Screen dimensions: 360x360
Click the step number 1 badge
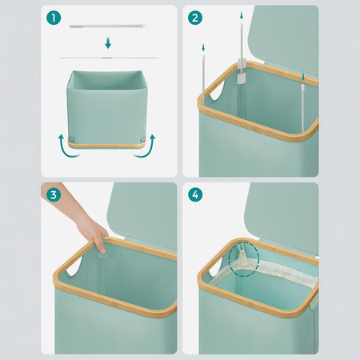(x=54, y=18)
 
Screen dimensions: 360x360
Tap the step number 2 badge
(x=195, y=18)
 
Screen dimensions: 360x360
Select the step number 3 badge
(x=54, y=195)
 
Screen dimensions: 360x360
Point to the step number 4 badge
(x=195, y=195)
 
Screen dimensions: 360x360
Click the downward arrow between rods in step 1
(x=108, y=43)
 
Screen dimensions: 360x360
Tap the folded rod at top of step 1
(x=108, y=26)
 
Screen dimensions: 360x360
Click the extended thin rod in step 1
(x=110, y=58)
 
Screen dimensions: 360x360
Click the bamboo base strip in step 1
(x=106, y=146)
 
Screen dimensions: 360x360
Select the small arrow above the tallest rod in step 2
(x=242, y=16)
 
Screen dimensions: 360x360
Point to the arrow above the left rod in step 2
(x=203, y=48)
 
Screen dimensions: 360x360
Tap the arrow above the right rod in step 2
(x=303, y=77)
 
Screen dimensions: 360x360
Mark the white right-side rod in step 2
(x=303, y=108)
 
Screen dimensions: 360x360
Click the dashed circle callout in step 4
(x=245, y=258)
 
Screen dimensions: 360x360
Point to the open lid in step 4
(x=282, y=210)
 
